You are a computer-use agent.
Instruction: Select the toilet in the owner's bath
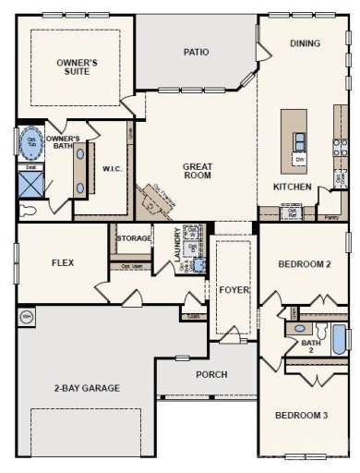tap(28, 210)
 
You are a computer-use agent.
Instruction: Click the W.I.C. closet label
tap(114, 169)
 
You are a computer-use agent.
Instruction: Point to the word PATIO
tap(196, 52)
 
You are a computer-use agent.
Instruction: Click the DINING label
tap(305, 43)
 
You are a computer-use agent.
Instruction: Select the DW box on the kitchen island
tap(300, 160)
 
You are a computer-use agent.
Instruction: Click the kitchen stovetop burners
tap(340, 145)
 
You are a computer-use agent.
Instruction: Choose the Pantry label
tap(333, 218)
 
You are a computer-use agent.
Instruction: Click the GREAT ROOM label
tap(198, 171)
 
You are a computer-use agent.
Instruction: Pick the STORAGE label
tap(134, 238)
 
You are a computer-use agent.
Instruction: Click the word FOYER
tap(234, 289)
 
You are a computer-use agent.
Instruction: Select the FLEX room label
tap(63, 262)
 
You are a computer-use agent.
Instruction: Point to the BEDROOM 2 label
tap(304, 263)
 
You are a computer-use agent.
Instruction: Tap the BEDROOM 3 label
tap(301, 415)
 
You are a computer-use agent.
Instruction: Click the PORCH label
tap(211, 374)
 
